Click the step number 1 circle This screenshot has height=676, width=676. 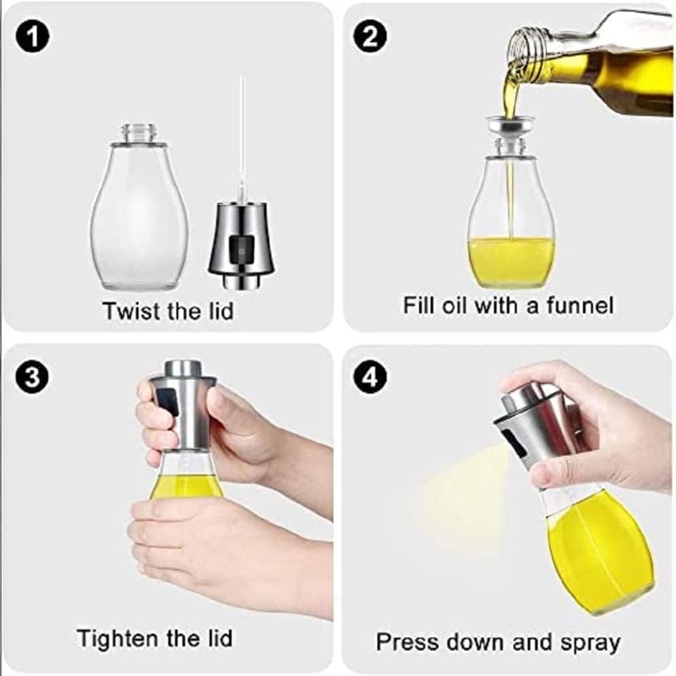tap(32, 35)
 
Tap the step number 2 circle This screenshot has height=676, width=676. tap(370, 35)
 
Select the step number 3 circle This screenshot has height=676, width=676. tap(32, 376)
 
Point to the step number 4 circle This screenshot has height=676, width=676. tap(370, 376)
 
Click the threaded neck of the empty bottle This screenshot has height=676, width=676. tap(139, 134)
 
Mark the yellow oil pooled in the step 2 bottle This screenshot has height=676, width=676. tap(511, 262)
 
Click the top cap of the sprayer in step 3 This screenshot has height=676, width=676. tap(183, 368)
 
